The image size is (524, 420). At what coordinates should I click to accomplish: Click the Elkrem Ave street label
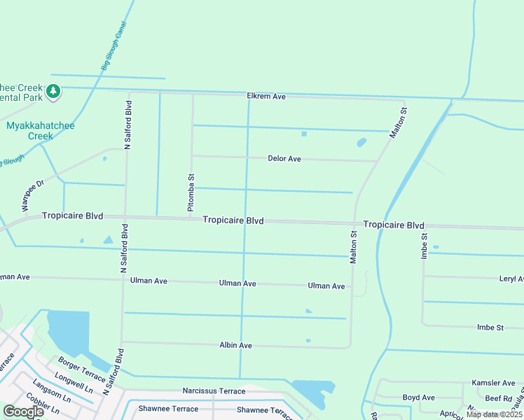[266, 96]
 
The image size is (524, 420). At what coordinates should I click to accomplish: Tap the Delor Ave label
[284, 159]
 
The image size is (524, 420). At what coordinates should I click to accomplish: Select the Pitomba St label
[191, 193]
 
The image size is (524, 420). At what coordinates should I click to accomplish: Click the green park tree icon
[53, 91]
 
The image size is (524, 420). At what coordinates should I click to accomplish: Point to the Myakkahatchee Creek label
[40, 130]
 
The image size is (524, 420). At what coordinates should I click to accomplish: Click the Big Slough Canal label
[113, 45]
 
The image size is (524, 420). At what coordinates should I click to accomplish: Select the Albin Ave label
[235, 345]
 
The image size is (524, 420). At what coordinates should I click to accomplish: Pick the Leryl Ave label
[511, 279]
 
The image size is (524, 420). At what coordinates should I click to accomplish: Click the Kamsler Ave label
[493, 383]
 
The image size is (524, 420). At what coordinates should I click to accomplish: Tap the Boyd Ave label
[419, 398]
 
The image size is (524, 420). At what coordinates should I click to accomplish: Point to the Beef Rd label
[499, 398]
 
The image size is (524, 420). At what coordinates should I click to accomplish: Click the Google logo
[23, 412]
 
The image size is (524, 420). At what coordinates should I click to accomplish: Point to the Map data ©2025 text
[494, 414]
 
